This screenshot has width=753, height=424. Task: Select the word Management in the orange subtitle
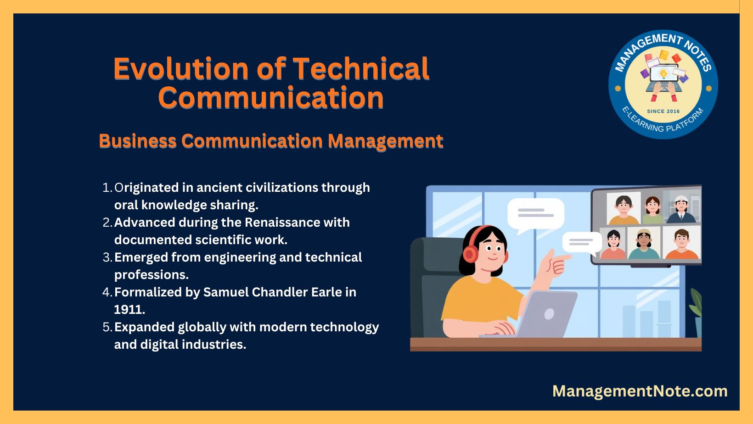(385, 141)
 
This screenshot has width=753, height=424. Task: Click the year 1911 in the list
(129, 309)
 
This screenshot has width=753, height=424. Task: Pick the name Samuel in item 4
(226, 292)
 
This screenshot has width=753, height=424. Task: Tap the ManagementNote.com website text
(640, 391)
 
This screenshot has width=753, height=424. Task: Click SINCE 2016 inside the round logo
(663, 111)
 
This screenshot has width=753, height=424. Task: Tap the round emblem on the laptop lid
(549, 314)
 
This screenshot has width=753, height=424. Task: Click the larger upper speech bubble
(535, 215)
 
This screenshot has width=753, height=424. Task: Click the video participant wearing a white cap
(681, 209)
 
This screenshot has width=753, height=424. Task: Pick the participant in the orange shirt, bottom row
(682, 244)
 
